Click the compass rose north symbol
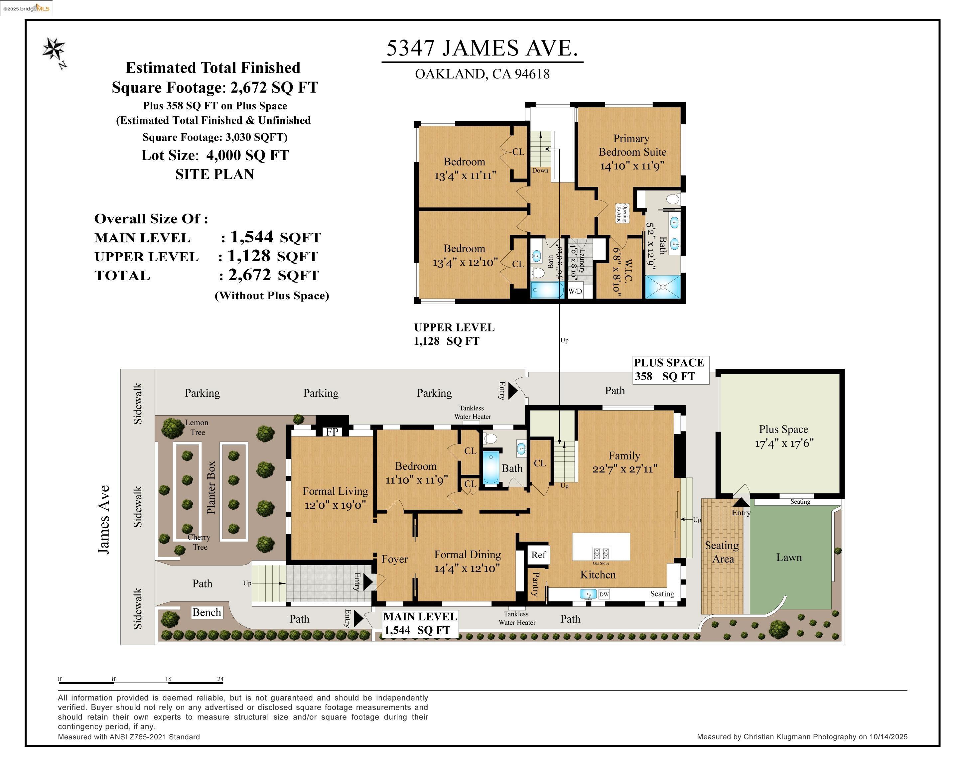[x=54, y=50]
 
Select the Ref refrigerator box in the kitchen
[x=538, y=555]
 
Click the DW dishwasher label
[x=604, y=594]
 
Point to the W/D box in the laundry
[x=575, y=291]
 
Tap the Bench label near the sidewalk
[x=207, y=612]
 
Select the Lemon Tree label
[x=197, y=427]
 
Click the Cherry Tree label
[x=199, y=542]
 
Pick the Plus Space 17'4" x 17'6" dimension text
[x=784, y=443]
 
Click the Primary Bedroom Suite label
[x=632, y=145]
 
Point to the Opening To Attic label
[x=622, y=213]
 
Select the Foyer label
[x=394, y=559]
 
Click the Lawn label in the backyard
[x=789, y=557]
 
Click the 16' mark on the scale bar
[x=169, y=679]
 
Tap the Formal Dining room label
[x=467, y=555]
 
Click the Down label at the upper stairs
[x=540, y=171]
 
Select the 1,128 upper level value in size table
[x=249, y=256]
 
